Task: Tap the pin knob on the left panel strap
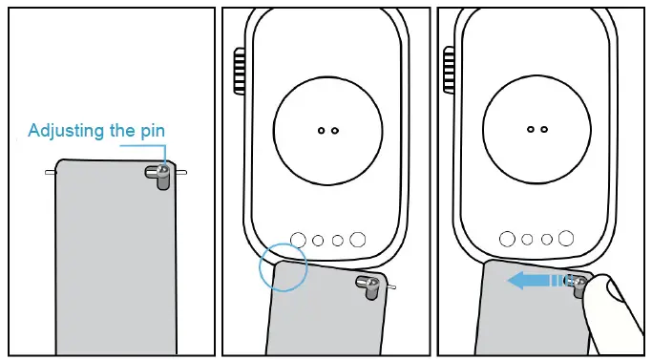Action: (x=158, y=173)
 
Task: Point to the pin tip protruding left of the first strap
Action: (x=49, y=173)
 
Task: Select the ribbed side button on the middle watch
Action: (x=239, y=71)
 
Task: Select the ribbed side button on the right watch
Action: (x=449, y=71)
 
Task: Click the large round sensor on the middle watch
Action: (x=327, y=130)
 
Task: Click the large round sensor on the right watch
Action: (x=536, y=130)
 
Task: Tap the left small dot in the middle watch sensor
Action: (x=321, y=130)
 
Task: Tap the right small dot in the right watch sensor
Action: (x=543, y=129)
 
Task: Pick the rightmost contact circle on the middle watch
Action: (x=358, y=239)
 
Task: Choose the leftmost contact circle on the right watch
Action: (x=507, y=239)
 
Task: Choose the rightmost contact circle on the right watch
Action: (x=567, y=239)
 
